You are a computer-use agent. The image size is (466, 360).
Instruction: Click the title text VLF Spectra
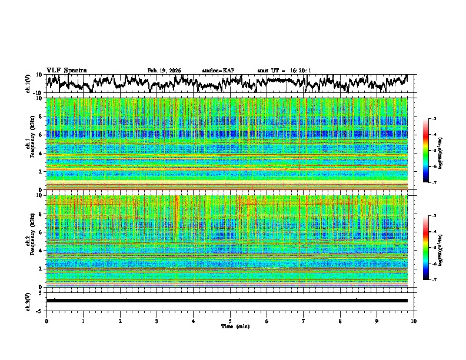66,70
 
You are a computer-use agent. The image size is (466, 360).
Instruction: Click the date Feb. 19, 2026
164,71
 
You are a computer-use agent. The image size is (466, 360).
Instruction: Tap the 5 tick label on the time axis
230,321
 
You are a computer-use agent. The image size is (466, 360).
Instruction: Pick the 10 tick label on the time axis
414,321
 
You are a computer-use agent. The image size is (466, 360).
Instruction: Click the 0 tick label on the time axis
46,321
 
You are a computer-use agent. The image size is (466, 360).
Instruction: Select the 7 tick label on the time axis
304,321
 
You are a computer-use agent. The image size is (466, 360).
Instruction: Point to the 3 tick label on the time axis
157,321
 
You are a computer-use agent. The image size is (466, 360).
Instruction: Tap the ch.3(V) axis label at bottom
28,301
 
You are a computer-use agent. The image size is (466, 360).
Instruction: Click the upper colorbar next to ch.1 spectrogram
426,151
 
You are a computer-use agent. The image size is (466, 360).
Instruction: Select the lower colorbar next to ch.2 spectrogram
426,248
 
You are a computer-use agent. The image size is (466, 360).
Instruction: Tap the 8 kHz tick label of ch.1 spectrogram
41,116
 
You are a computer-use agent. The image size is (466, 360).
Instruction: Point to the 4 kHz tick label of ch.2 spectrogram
41,250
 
